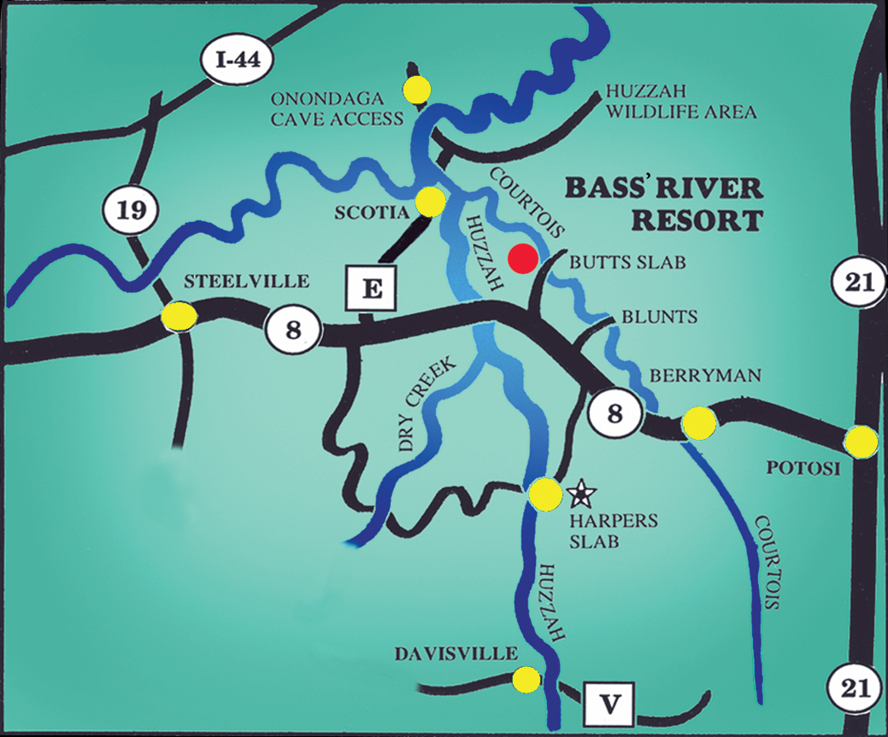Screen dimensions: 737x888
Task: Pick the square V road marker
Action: [609, 705]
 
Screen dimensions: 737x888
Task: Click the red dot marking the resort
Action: [522, 257]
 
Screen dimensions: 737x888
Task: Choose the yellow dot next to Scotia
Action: [430, 202]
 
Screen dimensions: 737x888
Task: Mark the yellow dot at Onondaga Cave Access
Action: [417, 87]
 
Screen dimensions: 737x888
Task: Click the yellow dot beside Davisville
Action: [526, 680]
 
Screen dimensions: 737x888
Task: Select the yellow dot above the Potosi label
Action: [860, 442]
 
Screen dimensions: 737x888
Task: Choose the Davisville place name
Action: [456, 654]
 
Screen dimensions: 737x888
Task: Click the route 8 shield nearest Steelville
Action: [293, 329]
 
